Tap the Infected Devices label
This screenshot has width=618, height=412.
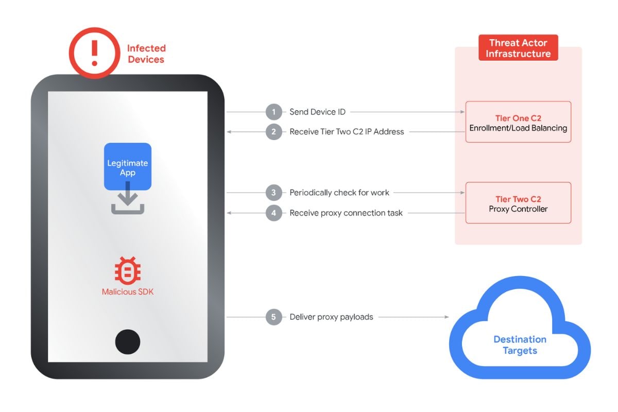coord(146,54)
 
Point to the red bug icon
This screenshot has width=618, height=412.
coord(128,271)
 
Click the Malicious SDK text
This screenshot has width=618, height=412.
coord(128,292)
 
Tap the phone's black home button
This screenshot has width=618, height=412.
coord(128,341)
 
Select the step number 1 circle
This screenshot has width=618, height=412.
coord(274,112)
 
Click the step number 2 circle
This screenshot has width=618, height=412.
coord(274,132)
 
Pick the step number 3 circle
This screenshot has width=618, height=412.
coord(274,193)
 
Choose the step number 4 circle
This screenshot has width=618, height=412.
coord(274,213)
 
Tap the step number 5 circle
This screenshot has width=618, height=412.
coord(274,317)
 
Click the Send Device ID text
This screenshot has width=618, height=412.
coord(317,112)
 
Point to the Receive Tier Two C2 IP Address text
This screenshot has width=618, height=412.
coord(347,132)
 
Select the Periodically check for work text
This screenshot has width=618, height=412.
coord(339,193)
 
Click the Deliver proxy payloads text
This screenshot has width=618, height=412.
coord(331,317)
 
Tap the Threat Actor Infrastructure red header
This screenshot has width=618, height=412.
coord(518,48)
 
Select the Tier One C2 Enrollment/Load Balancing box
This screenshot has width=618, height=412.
coord(518,122)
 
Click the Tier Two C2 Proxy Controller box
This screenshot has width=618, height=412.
coord(518,203)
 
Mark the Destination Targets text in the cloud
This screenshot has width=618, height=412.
coord(520,345)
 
